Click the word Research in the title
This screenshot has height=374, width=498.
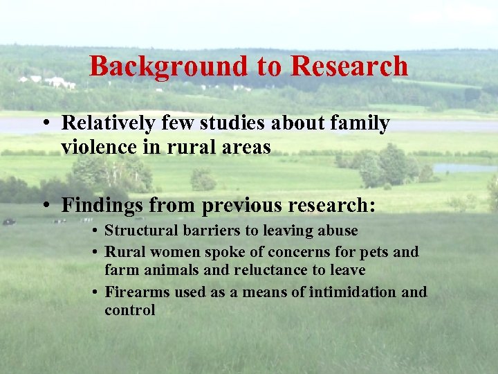coord(349,66)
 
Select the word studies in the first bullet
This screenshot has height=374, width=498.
coord(232,123)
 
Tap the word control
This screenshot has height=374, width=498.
coord(129,310)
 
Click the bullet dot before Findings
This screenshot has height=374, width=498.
coord(45,206)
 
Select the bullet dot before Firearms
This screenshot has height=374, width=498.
coord(94,293)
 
